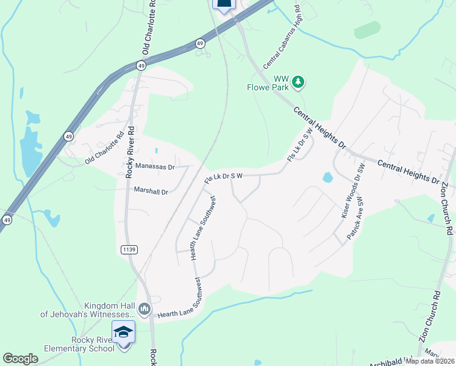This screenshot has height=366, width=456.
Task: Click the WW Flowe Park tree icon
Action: pyautogui.click(x=298, y=82)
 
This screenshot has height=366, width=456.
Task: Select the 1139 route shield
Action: pyautogui.click(x=129, y=249)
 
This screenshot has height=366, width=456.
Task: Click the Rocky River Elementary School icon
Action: pyautogui.click(x=124, y=333)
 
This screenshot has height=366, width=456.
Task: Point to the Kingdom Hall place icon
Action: pyautogui.click(x=144, y=309)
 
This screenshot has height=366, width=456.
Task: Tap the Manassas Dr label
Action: pyautogui.click(x=155, y=166)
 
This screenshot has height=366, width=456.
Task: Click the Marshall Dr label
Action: pyautogui.click(x=151, y=192)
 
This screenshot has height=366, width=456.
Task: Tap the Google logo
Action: pyautogui.click(x=21, y=359)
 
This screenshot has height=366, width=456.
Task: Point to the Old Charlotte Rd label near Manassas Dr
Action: pyautogui.click(x=105, y=148)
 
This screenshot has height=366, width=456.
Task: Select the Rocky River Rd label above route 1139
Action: pyautogui.click(x=129, y=155)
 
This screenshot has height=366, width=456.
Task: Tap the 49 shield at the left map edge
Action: pyautogui.click(x=6, y=220)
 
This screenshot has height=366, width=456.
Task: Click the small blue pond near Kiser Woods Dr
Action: pyautogui.click(x=327, y=178)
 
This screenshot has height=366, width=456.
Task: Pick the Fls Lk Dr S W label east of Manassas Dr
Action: pyautogui.click(x=224, y=176)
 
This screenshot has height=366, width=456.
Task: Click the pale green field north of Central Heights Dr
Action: pyautogui.click(x=367, y=30)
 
